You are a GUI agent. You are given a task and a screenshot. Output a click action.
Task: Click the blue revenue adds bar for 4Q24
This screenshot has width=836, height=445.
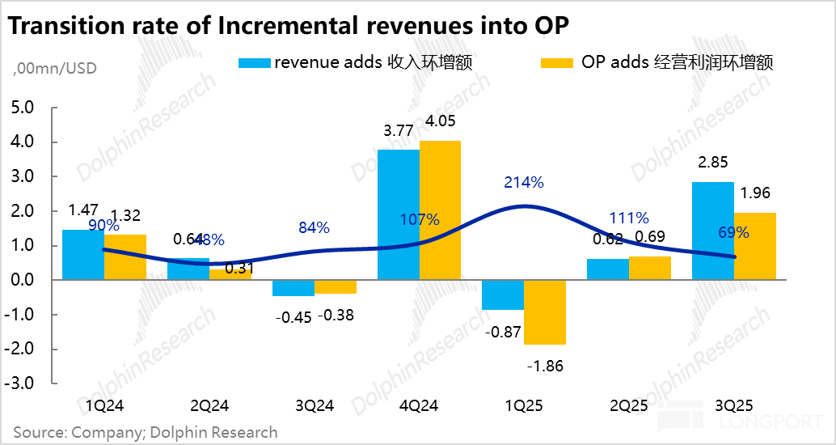coord(398,214)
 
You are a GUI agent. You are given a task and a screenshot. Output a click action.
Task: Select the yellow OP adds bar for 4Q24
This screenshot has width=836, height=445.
coord(440,210)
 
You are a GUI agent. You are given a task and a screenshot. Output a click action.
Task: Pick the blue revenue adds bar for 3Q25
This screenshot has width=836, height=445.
coord(713,231)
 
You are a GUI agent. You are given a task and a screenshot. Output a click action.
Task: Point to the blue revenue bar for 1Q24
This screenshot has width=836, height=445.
coord(83,255)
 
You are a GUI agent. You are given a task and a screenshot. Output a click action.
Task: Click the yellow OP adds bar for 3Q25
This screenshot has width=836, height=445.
coord(755,246)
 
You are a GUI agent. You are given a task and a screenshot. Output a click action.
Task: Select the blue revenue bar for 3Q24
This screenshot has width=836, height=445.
coord(293,288)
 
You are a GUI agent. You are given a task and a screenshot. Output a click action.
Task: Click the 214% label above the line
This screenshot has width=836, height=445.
coord(524,182)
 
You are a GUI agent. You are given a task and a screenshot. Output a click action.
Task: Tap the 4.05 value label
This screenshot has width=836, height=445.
coord(441,122)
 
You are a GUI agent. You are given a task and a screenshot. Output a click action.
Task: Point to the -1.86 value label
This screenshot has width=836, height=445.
coord(545,366)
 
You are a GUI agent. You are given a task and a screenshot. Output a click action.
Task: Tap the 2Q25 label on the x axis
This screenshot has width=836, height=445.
coord(629,405)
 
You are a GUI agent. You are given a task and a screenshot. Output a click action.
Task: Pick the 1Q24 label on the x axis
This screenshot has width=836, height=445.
coord(104,405)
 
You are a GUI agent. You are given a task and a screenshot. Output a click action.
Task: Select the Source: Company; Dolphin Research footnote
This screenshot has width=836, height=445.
coord(146,432)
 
